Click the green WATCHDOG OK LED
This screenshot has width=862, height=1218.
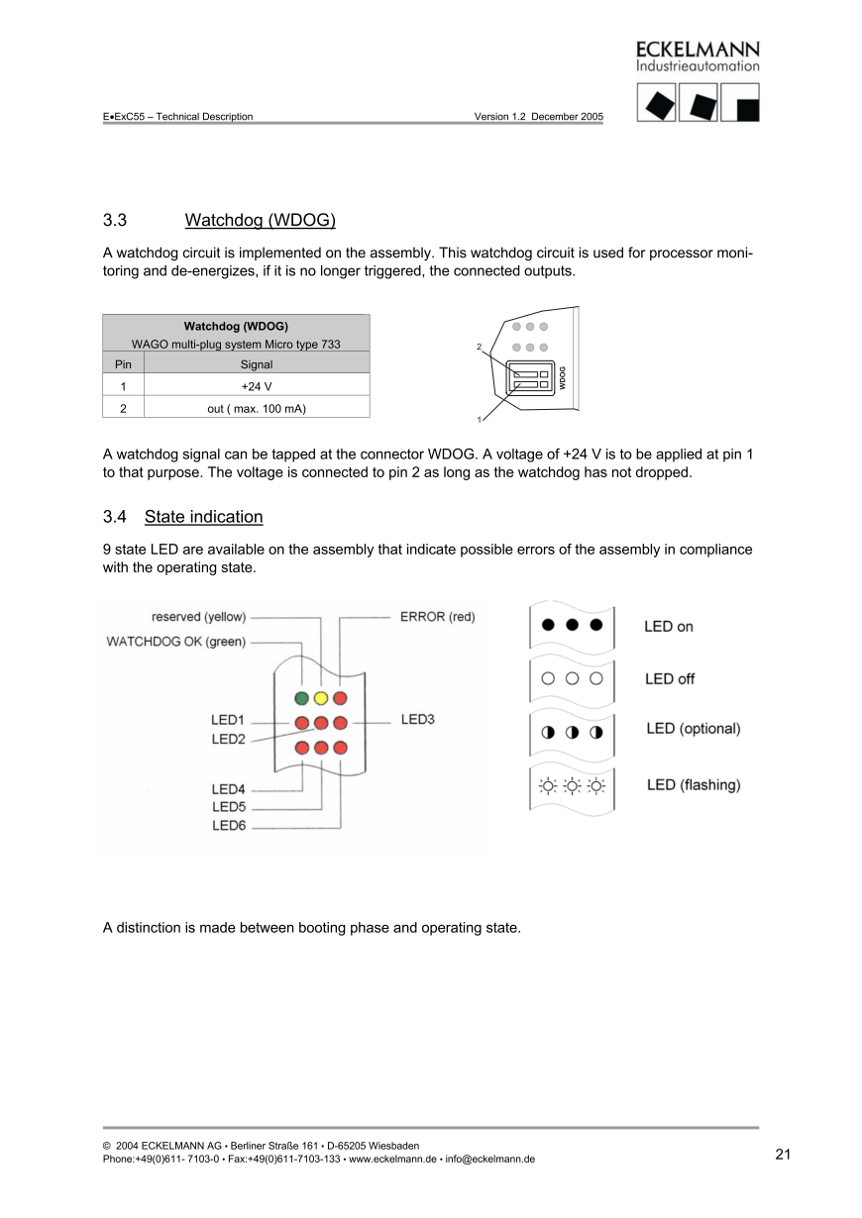pos(301,699)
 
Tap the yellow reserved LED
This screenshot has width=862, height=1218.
pos(321,699)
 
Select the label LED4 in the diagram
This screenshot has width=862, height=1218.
pos(228,789)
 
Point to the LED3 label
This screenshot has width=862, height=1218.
pos(417,719)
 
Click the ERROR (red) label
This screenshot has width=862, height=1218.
pos(437,616)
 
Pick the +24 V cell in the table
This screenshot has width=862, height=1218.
pos(256,385)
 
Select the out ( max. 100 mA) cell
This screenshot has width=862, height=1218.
pos(256,407)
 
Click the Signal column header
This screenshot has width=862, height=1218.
pos(256,363)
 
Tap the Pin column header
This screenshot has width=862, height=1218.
pos(123,363)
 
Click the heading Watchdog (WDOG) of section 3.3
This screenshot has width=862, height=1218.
pos(261,219)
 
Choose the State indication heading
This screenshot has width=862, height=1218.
pos(203,517)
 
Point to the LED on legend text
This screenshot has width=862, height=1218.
pos(669,627)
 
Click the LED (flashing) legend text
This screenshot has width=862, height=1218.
pos(693,785)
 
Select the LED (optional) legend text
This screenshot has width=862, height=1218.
pos(693,729)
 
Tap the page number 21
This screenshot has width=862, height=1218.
pos(783,1154)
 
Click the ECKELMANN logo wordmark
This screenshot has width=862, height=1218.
pos(698,50)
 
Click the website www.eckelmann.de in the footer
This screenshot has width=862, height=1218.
pos(392,1159)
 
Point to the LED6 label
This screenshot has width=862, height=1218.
pos(228,825)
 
